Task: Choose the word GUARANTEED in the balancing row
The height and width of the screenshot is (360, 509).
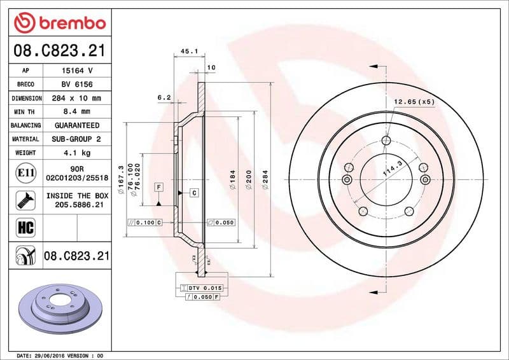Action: (x=77, y=125)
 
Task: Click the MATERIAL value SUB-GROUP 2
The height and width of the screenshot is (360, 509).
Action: (x=77, y=139)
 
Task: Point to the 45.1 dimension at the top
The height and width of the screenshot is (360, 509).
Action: (x=189, y=51)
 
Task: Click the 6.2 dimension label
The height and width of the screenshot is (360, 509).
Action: (x=164, y=97)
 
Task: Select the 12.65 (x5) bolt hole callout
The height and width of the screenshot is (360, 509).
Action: (x=414, y=101)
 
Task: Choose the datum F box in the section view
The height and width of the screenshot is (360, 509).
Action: (x=158, y=187)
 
